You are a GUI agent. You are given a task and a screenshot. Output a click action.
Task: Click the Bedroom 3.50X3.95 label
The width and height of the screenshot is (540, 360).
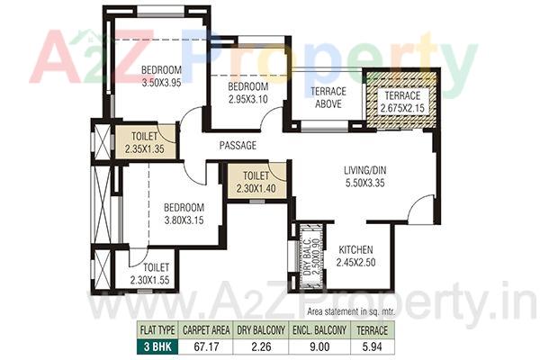tap(162, 76)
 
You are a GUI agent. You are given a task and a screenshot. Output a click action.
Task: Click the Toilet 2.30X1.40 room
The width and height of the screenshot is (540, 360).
tap(256, 183)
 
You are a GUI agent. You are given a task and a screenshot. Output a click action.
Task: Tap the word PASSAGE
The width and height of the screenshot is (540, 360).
tap(238, 145)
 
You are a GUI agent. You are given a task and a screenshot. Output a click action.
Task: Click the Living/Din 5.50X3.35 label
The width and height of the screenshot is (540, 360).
tap(363, 177)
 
